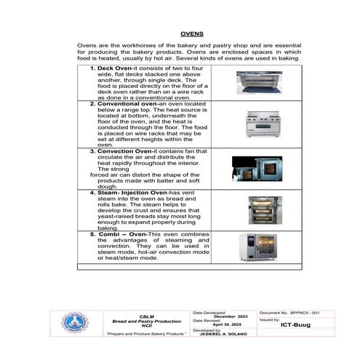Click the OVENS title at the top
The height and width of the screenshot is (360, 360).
[x=191, y=33]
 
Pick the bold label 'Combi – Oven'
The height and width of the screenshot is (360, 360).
[x=121, y=235]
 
